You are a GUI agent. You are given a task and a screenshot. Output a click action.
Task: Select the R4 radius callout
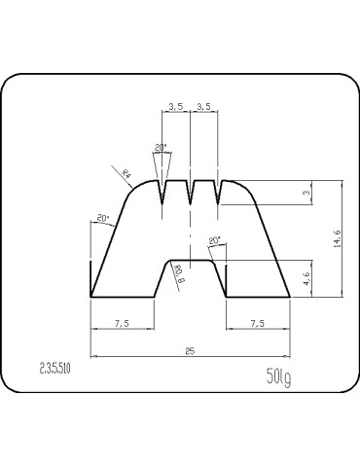click(x=127, y=174)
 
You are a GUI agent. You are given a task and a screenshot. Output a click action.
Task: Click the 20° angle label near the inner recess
click(x=214, y=240)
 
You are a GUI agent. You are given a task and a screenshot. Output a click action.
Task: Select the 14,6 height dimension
click(x=337, y=238)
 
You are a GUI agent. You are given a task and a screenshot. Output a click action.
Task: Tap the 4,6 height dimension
click(x=308, y=278)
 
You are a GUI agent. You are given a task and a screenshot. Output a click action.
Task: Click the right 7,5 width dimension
click(x=258, y=322)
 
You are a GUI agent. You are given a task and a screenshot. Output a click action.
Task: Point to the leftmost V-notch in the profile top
click(x=162, y=194)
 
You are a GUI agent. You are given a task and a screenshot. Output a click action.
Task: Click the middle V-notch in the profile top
click(x=191, y=194)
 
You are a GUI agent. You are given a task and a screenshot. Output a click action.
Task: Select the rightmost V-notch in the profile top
click(x=219, y=194)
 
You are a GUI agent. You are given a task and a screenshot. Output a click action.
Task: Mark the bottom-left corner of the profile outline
click(x=90, y=297)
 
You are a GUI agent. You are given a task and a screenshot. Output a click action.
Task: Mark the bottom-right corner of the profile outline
click(x=291, y=297)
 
